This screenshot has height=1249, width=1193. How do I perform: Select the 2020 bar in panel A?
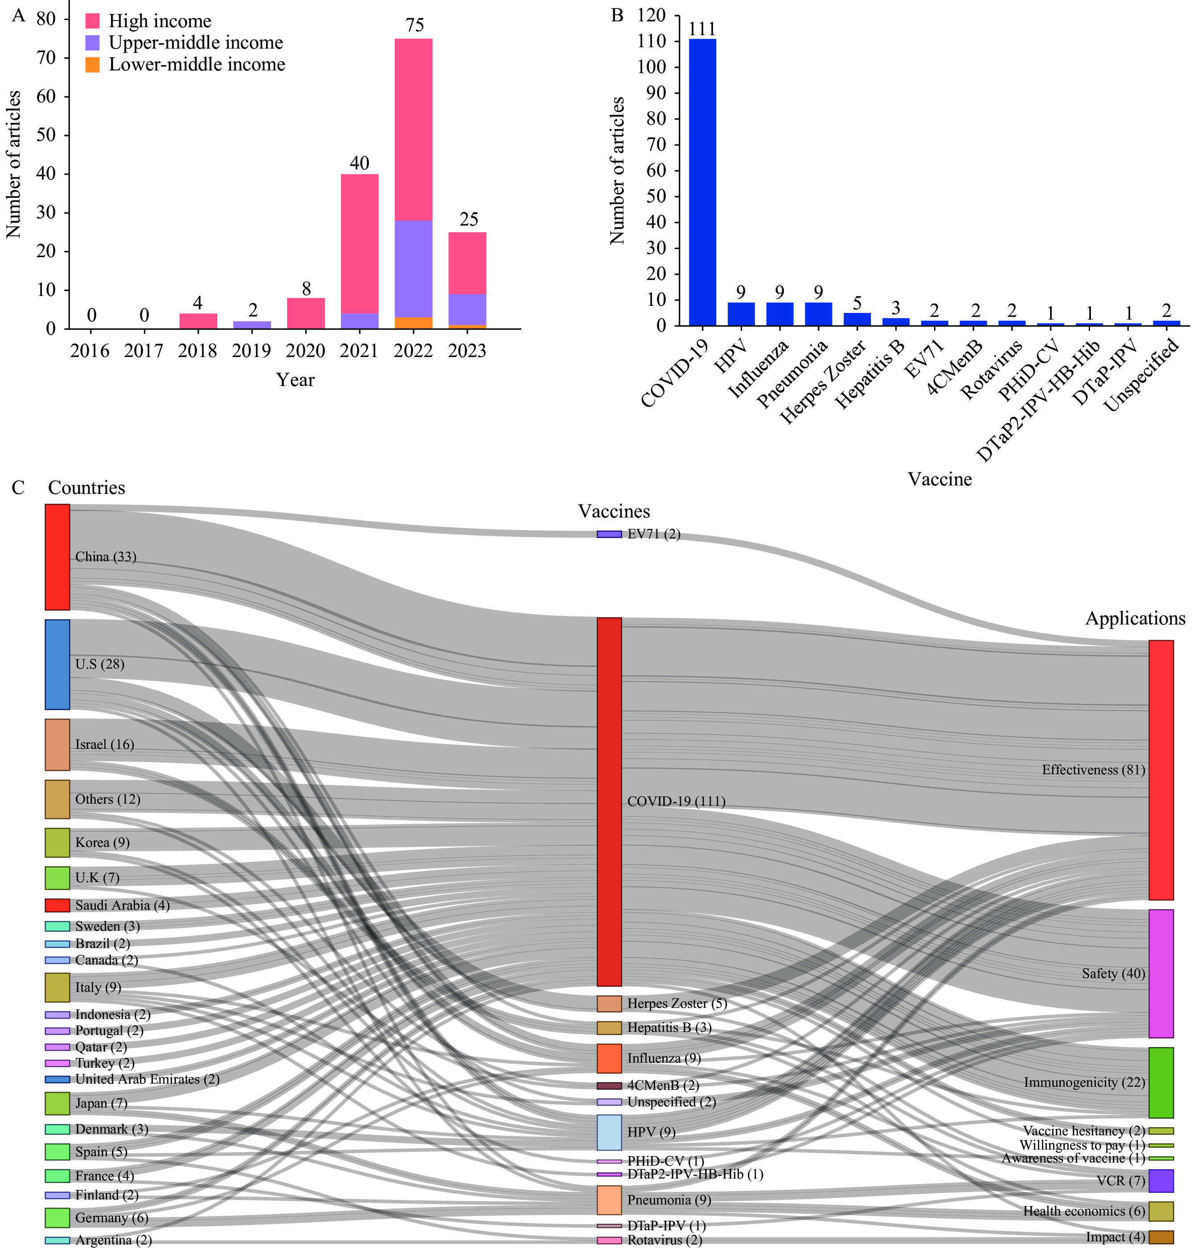pyautogui.click(x=306, y=313)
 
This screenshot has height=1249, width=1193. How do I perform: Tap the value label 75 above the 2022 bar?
pyautogui.click(x=414, y=25)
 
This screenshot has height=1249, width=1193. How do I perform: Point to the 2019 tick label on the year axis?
pyautogui.click(x=251, y=350)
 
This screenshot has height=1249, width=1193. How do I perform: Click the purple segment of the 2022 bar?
pyautogui.click(x=414, y=268)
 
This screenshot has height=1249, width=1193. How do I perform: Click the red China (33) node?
pyautogui.click(x=57, y=557)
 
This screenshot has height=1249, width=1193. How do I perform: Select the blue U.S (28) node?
pyautogui.click(x=57, y=665)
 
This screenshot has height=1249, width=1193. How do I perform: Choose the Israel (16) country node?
pyautogui.click(x=57, y=745)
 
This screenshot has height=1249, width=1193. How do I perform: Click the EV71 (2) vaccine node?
pyautogui.click(x=609, y=534)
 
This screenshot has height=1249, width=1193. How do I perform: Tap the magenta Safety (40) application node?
pyautogui.click(x=1160, y=974)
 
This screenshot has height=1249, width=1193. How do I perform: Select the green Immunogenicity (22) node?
pyautogui.click(x=1160, y=1082)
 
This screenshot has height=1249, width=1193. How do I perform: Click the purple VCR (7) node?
pyautogui.click(x=1160, y=1181)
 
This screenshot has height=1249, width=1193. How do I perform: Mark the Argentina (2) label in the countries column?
pyautogui.click(x=113, y=1240)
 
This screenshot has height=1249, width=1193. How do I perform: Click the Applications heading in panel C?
pyautogui.click(x=1135, y=619)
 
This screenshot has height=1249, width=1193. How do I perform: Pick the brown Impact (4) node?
pyautogui.click(x=1160, y=1237)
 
